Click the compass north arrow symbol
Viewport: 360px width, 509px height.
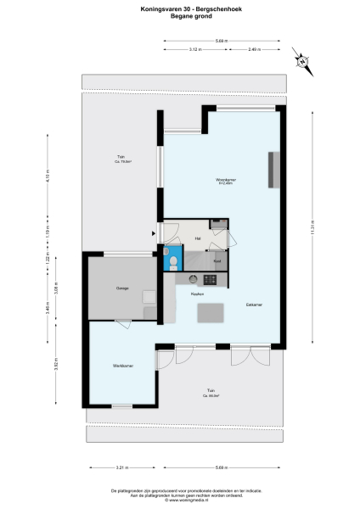(x=301, y=61)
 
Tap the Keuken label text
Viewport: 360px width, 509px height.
(x=196, y=293)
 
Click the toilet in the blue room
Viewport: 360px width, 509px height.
(x=172, y=263)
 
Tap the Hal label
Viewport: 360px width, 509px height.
(x=197, y=238)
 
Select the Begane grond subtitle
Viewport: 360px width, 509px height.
(x=179, y=16)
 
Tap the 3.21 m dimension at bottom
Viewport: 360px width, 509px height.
(x=121, y=467)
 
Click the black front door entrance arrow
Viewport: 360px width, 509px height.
(x=153, y=232)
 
